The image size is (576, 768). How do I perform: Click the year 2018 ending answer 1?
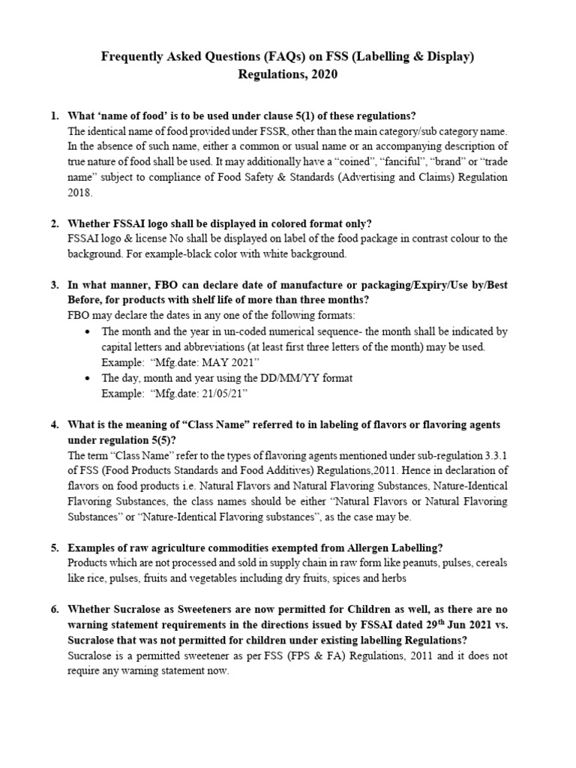[x=79, y=192]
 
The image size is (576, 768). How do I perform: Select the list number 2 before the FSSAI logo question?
[x=55, y=223]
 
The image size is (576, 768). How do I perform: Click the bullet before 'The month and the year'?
[x=90, y=331]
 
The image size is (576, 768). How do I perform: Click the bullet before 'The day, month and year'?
[x=90, y=378]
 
